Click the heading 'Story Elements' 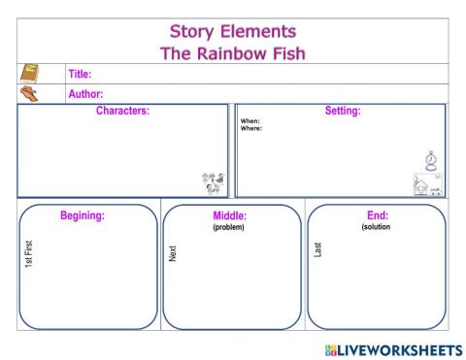[232, 33]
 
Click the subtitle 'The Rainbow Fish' [232, 52]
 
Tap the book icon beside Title [30, 74]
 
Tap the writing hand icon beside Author [30, 93]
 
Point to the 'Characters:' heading [122, 111]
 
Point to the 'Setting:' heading [342, 111]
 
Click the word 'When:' [250, 121]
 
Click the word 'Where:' [251, 128]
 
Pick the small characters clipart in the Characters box [213, 183]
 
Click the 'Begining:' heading [83, 215]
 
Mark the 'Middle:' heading [229, 215]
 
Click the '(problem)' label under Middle [229, 227]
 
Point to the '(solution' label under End [376, 227]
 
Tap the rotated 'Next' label [173, 253]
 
